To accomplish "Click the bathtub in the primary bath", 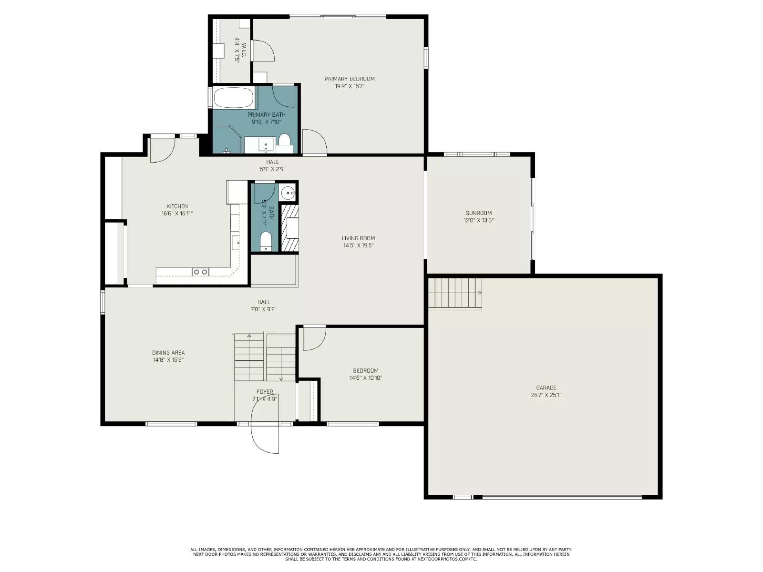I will tap(233, 98).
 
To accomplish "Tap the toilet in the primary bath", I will tap(285, 140).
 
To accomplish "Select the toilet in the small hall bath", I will tap(266, 241).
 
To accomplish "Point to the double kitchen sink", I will tap(200, 272).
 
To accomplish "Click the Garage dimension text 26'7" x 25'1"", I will tap(546, 395).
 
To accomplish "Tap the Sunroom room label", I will tap(479, 213).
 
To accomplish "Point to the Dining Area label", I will tap(168, 353).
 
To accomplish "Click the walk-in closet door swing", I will tap(262, 51).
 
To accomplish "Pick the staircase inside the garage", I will tap(455, 293).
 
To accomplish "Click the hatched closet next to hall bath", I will tap(289, 228).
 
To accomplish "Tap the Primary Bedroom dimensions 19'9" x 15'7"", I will tap(350, 86).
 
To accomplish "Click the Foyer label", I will tap(265, 392).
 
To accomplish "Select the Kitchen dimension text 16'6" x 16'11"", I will tap(177, 214).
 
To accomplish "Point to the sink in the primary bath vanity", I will tap(265, 143).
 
